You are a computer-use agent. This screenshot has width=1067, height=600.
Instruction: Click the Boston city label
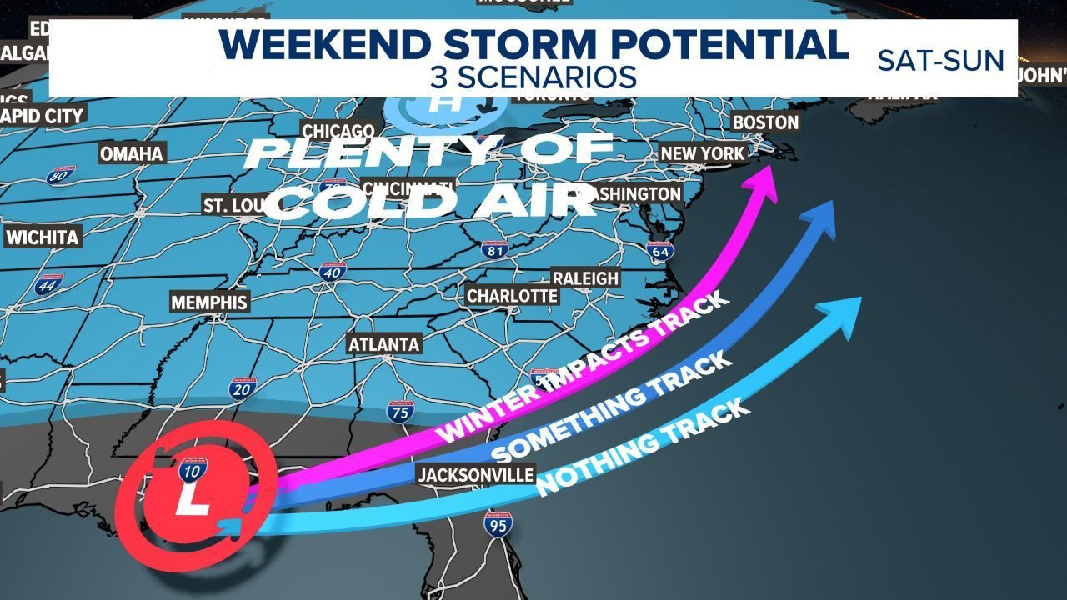[765, 122]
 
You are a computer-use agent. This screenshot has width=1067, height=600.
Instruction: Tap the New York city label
[702, 153]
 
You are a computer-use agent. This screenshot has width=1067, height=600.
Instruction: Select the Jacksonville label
[475, 475]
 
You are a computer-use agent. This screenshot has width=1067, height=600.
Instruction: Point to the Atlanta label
[383, 344]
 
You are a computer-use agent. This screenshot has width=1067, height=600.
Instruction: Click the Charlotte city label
[512, 296]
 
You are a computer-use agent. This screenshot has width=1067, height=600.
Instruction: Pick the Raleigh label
[585, 278]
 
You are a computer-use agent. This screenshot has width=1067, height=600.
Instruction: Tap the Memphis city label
[209, 302]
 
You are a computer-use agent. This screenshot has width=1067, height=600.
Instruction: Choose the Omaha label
[132, 154]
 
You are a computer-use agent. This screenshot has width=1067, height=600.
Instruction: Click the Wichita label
[42, 237]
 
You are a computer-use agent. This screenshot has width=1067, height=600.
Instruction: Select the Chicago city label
[338, 132]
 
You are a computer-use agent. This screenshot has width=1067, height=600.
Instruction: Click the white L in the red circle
[194, 503]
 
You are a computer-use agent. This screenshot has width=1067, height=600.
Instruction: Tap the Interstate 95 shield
[498, 524]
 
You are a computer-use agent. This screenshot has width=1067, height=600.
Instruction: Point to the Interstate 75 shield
[398, 411]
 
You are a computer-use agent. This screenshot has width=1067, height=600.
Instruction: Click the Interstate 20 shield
[238, 387]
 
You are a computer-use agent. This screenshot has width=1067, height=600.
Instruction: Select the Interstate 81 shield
[494, 247]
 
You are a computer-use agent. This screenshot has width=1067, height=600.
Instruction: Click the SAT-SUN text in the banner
[940, 60]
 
